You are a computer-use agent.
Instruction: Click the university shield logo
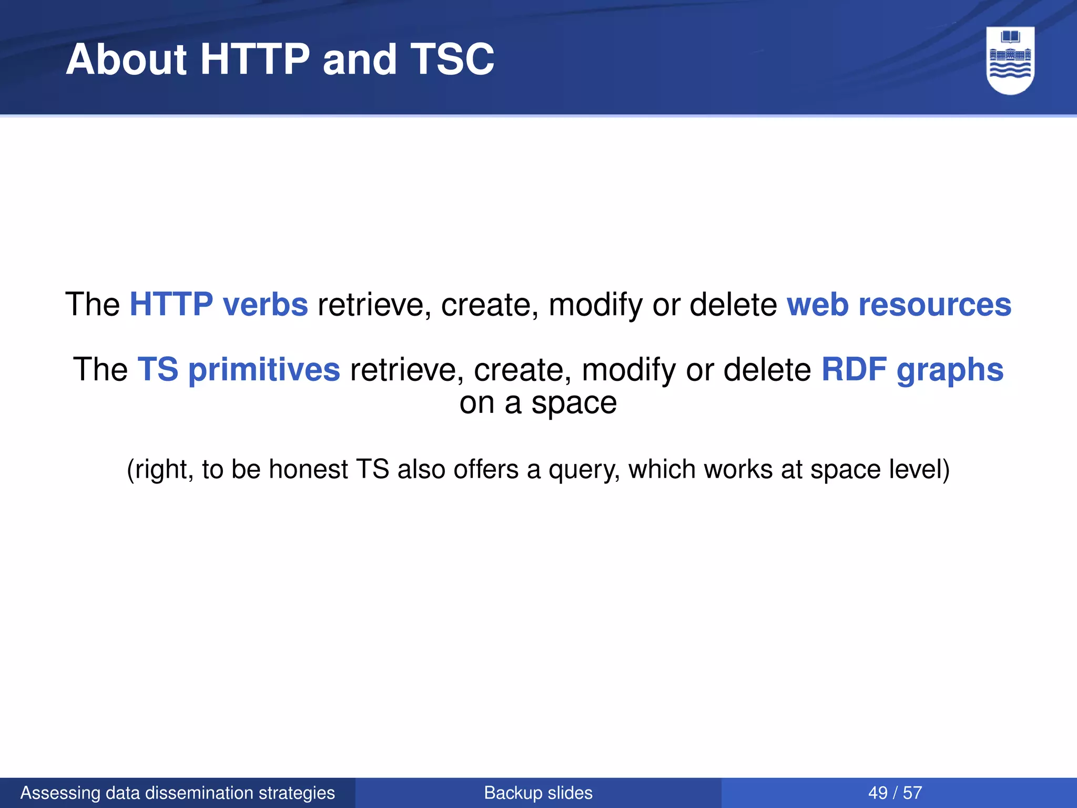1010,60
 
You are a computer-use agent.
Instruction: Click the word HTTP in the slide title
255,59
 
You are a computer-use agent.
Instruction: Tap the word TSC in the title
452,59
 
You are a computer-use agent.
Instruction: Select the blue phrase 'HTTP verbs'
219,305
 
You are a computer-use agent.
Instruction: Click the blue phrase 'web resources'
899,305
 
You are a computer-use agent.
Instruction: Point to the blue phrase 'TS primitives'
239,369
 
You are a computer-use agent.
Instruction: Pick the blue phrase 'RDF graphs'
912,369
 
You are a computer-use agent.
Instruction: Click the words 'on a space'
538,403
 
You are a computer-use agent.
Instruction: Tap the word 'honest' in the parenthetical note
308,469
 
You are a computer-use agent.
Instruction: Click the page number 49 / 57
895,793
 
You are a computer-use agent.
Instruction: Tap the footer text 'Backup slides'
538,793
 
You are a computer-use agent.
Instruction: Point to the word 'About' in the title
126,59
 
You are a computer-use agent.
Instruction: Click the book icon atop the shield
1010,37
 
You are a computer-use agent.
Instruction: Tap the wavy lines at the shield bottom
1010,71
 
